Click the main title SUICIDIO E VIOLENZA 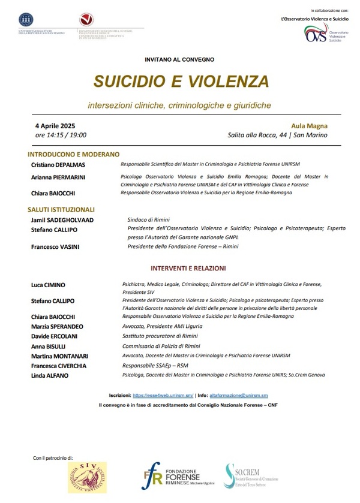tap(180, 81)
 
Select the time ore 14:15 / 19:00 tap(61, 135)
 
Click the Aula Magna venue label tap(309, 125)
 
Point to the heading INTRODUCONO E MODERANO tap(74, 154)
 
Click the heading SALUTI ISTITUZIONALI tap(61, 210)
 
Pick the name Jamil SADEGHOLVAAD tap(62, 220)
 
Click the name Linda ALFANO tap(50, 375)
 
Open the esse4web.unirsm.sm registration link tap(162, 396)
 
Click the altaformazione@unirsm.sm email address tap(239, 396)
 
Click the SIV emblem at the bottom tap(87, 477)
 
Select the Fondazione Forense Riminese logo tap(174, 477)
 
